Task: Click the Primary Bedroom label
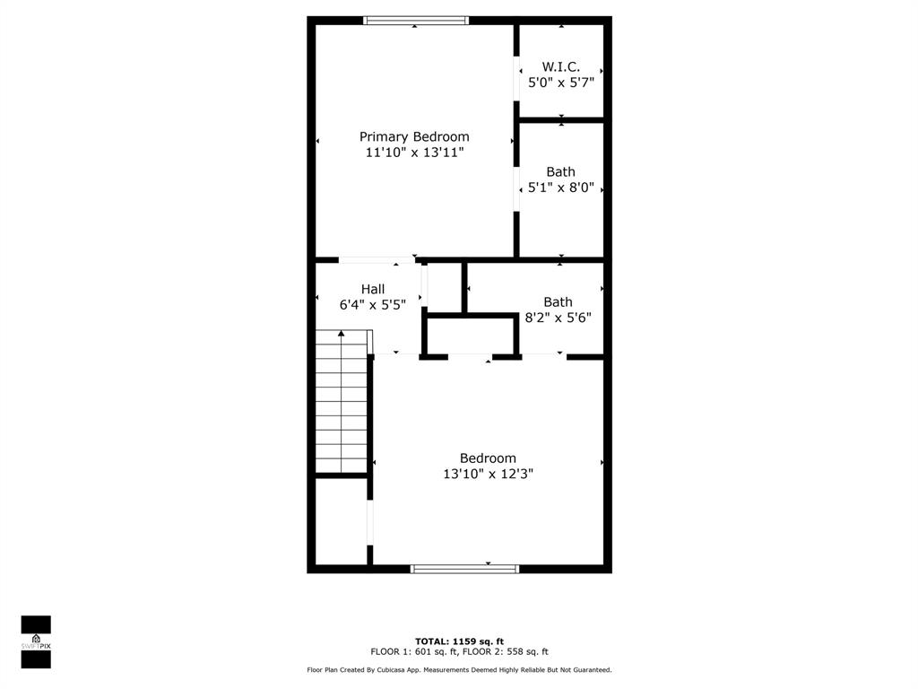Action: tap(414, 136)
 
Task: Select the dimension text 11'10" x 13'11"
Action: tap(414, 153)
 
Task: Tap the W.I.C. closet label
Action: tap(561, 66)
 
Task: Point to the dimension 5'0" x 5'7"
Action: tap(561, 83)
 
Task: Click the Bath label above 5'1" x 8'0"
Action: tap(561, 171)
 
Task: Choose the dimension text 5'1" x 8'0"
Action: tap(561, 188)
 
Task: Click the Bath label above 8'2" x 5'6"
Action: tap(558, 301)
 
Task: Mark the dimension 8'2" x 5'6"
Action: tap(558, 318)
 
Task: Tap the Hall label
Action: tap(373, 289)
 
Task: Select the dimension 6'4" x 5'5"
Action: tap(373, 305)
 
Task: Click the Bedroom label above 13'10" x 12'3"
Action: tap(488, 458)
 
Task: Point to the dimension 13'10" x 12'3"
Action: tap(488, 474)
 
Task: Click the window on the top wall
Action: tap(416, 21)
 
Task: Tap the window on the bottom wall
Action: tap(464, 568)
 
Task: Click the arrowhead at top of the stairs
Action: tap(341, 334)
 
